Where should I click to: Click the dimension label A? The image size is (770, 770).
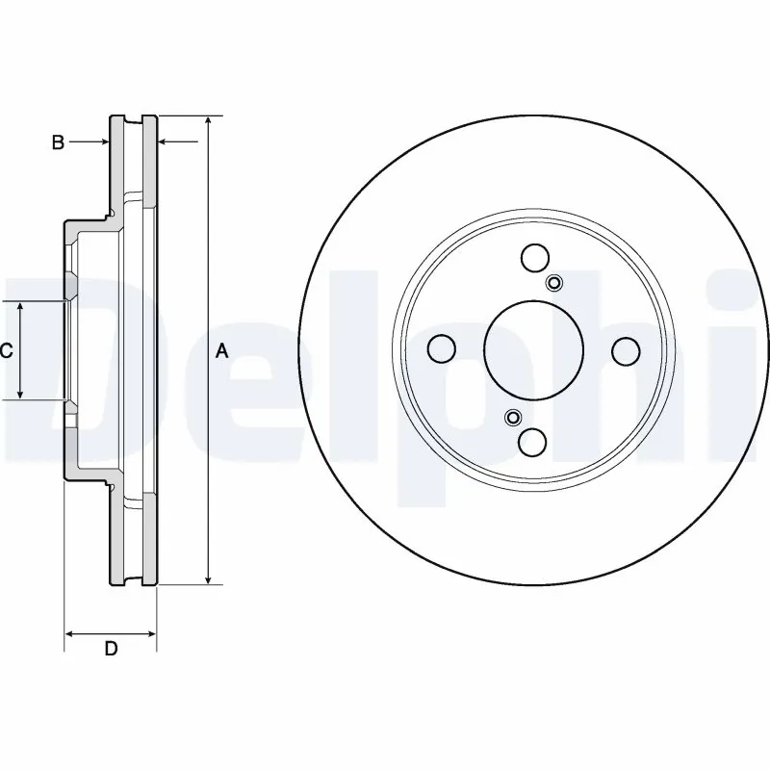point(221,352)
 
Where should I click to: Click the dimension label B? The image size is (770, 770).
point(58,142)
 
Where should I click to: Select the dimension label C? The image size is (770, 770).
point(6,351)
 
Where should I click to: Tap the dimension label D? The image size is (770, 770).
point(111,649)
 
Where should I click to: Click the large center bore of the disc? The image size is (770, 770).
point(526,349)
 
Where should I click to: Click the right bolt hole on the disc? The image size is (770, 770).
point(626,349)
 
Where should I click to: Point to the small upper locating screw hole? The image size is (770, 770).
point(554,282)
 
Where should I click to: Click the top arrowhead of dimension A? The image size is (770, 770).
point(208,121)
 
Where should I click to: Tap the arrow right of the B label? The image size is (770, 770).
point(103,142)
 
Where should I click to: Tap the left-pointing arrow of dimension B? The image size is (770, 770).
point(165,142)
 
